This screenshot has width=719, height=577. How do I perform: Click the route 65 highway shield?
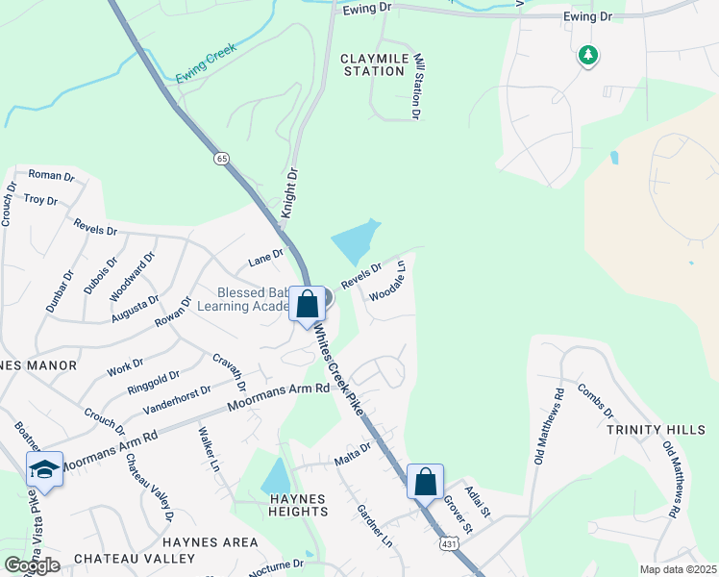[x=222, y=159]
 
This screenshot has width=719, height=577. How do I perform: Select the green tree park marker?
[x=587, y=56]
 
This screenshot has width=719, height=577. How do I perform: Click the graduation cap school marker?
[x=43, y=469]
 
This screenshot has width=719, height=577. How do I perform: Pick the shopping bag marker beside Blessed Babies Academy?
[x=308, y=305]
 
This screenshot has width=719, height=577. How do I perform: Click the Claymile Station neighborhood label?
[x=373, y=64]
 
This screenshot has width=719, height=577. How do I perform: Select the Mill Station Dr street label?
[x=417, y=87]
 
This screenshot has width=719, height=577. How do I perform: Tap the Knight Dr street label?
[x=289, y=192]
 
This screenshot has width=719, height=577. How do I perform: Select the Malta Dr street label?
[x=352, y=451]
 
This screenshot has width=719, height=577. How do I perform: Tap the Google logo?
[x=32, y=564]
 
